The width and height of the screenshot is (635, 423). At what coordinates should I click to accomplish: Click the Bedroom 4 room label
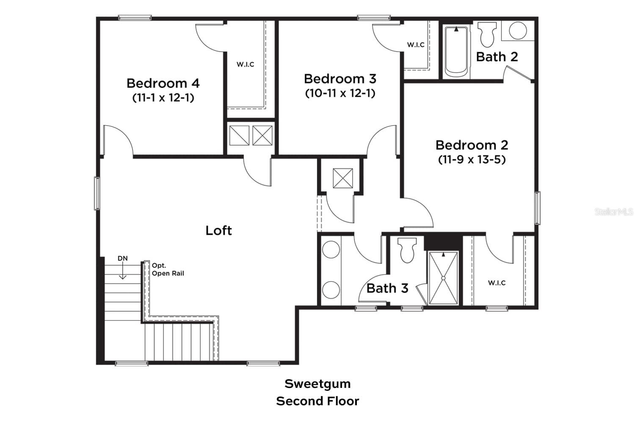pos(163,83)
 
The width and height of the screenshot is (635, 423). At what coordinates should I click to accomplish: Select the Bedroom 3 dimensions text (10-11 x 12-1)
pos(340,93)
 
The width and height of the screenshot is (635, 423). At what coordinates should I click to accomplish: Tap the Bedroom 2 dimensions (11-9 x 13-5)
pos(472,159)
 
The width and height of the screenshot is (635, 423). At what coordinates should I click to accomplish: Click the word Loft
pos(218,231)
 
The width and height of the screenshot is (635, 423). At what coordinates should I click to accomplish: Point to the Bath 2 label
pos(497,57)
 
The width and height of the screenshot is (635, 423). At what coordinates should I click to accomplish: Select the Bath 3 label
pos(387,288)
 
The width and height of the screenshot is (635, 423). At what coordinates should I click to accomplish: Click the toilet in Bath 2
pos(487,35)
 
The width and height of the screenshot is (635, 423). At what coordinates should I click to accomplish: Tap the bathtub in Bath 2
pos(456,52)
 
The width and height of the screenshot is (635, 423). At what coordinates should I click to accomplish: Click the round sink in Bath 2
pos(517,31)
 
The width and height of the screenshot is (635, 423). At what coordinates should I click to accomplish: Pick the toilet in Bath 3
pos(408,250)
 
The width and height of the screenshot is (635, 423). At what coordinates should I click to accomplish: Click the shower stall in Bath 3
pos(443,278)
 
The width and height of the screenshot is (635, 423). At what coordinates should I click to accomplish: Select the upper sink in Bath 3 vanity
pos(331,250)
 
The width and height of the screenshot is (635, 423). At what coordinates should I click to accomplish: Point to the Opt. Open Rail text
pos(168,269)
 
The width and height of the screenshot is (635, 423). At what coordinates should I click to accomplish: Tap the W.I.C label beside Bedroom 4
pos(245,64)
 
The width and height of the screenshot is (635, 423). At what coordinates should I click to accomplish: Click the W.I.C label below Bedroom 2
pos(497,283)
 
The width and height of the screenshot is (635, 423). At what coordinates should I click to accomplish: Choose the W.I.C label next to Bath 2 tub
pos(415,45)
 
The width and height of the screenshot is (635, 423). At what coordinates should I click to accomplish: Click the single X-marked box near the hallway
pos(342,178)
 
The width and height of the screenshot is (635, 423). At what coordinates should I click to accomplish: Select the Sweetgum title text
pos(317,384)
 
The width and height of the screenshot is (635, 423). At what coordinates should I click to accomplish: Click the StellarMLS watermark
pos(613,211)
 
